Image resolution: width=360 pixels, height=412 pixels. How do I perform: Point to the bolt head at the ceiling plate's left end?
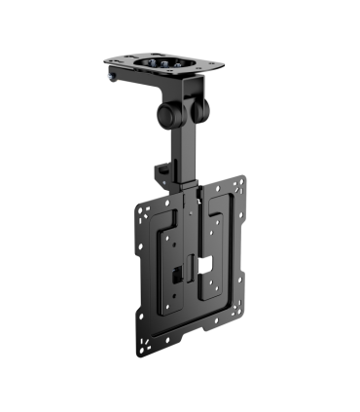[111, 76]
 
